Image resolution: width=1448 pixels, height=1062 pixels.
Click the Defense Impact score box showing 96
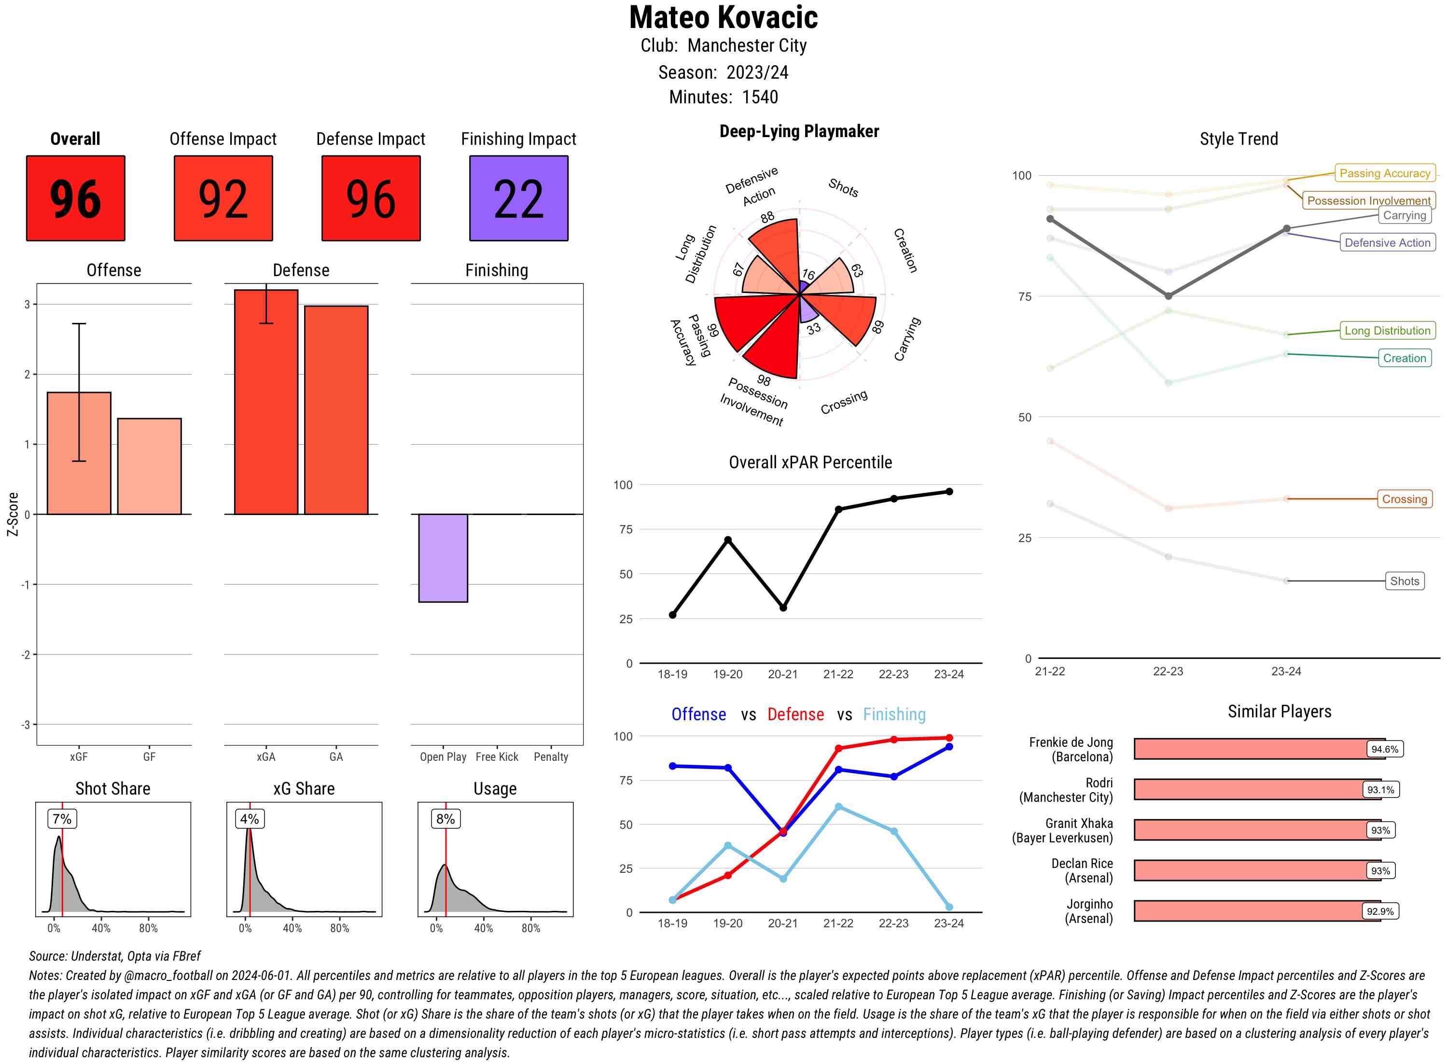point(371,198)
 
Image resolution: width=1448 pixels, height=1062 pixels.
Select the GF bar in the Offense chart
point(149,466)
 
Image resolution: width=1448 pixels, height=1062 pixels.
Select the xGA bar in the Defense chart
point(266,402)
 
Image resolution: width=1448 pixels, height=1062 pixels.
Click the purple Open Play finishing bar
point(443,558)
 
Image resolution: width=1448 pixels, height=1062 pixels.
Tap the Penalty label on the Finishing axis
point(551,756)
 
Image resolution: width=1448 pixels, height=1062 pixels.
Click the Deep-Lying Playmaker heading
point(799,131)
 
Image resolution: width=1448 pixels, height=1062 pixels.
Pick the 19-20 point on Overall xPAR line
point(727,540)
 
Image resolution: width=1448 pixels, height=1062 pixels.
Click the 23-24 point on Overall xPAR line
point(949,492)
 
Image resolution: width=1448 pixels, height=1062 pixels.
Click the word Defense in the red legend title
point(795,714)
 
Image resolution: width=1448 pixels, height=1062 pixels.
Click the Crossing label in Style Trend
point(1404,499)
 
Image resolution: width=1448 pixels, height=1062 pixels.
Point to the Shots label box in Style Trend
point(1404,581)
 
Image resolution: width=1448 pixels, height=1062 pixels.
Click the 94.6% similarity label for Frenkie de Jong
point(1384,749)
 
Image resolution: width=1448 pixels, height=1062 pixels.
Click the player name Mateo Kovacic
point(723,17)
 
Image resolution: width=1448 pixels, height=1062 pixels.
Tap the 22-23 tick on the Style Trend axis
point(1168,671)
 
